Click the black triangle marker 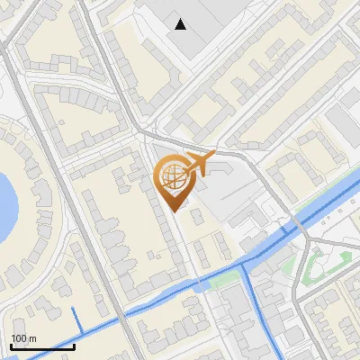coord(182,24)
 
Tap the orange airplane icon coord(198,163)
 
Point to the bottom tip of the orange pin coord(175,211)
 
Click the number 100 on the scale coord(17,338)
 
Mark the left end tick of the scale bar coord(11,345)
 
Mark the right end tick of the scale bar coord(74,345)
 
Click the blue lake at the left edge coord(5,202)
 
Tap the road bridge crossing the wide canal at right coord(294,223)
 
